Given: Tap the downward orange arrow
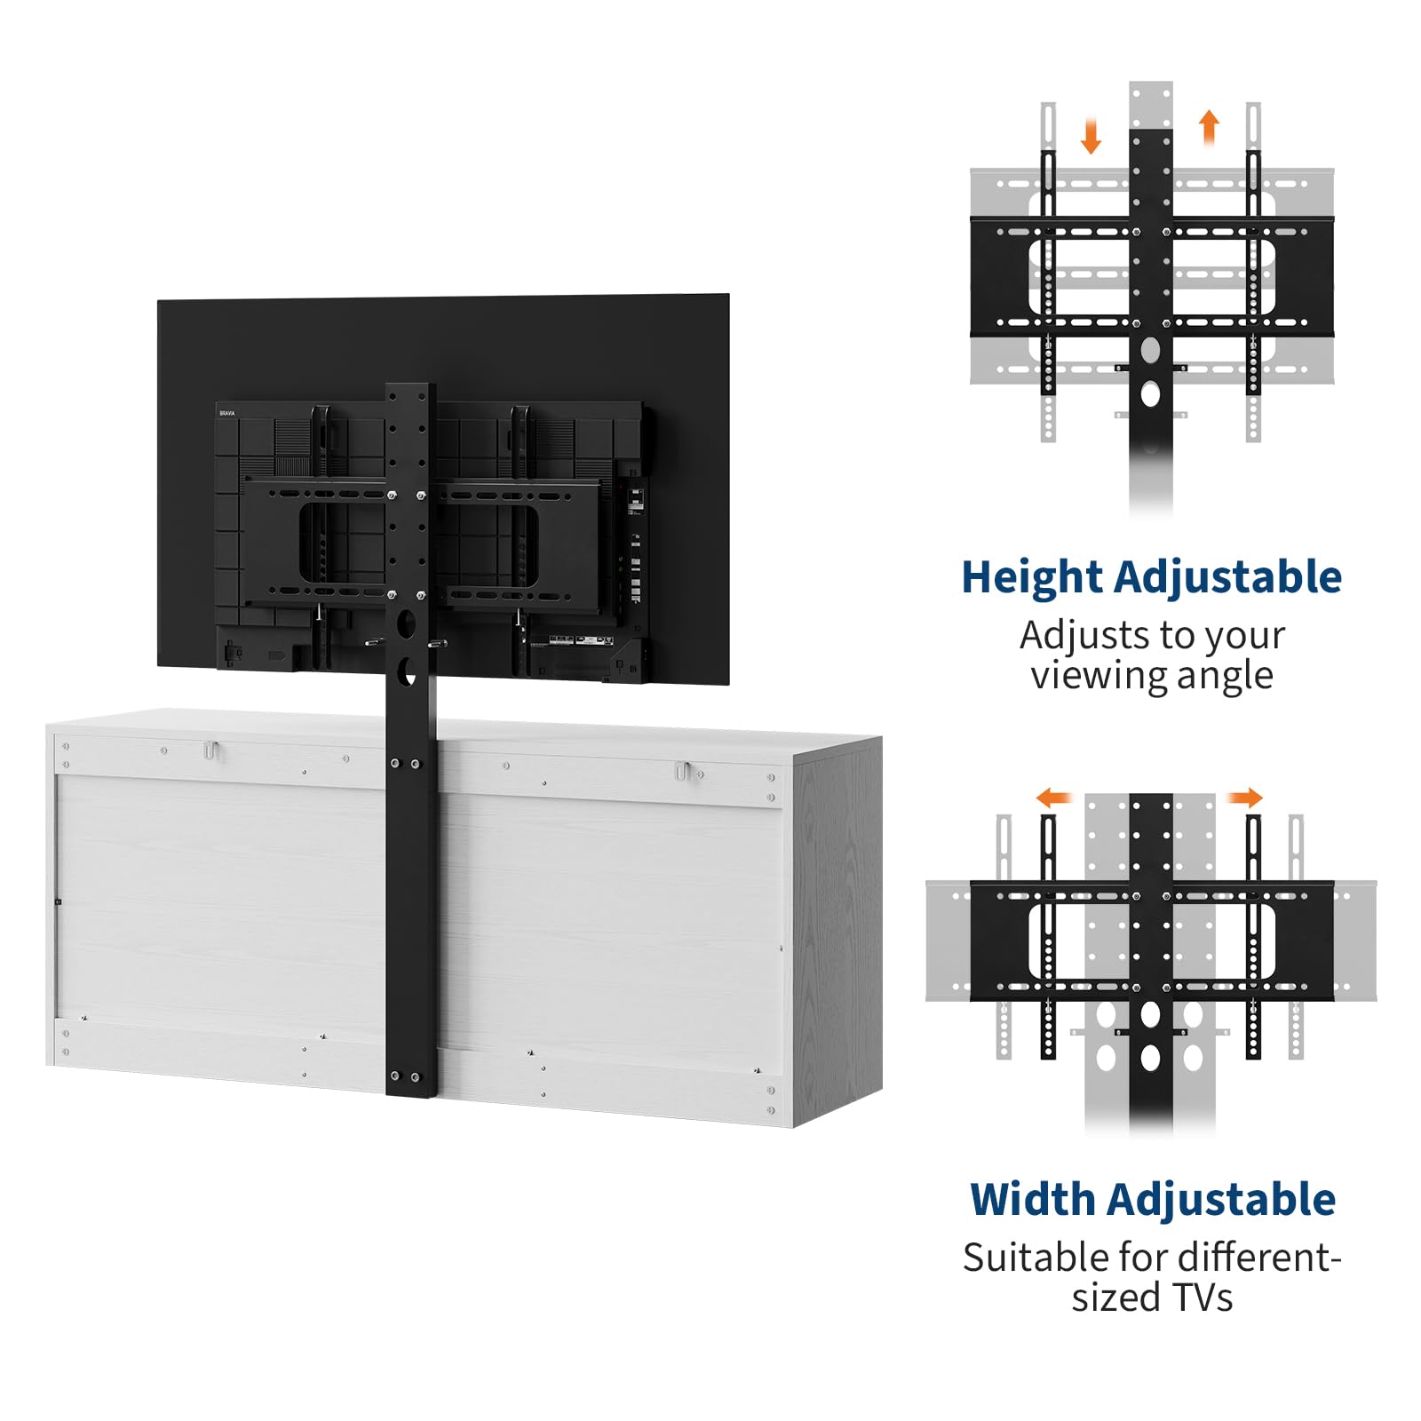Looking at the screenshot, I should [x=1091, y=136].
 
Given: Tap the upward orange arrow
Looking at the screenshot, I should [x=1209, y=126].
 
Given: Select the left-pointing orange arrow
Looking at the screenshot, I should [x=1054, y=798].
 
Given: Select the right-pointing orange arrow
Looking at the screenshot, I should [x=1245, y=798].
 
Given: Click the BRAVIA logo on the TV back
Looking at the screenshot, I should [x=227, y=414].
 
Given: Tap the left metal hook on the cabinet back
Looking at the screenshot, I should [x=210, y=750].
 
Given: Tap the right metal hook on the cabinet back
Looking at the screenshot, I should [x=681, y=771].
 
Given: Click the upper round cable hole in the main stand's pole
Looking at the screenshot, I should [x=407, y=623].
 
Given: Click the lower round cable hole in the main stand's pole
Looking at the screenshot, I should [x=408, y=671].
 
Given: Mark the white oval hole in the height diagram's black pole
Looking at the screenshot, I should [x=1150, y=393].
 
